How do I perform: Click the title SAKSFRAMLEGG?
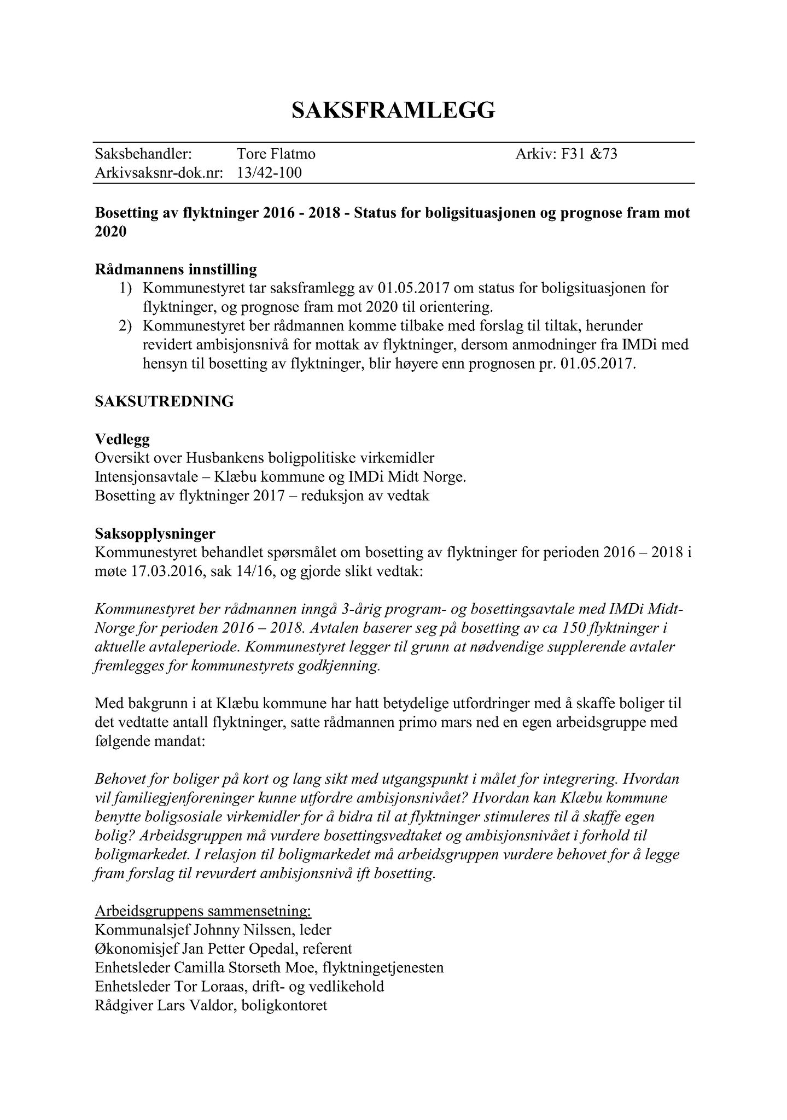(393, 110)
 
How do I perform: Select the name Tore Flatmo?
(276, 154)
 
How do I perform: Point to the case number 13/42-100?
(269, 173)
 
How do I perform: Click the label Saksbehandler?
(143, 154)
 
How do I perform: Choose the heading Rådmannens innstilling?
(176, 270)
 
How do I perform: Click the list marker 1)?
(126, 288)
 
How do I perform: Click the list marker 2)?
(126, 326)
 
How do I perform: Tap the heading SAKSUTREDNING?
(164, 401)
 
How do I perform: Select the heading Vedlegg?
(123, 439)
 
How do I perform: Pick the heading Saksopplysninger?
(155, 533)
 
